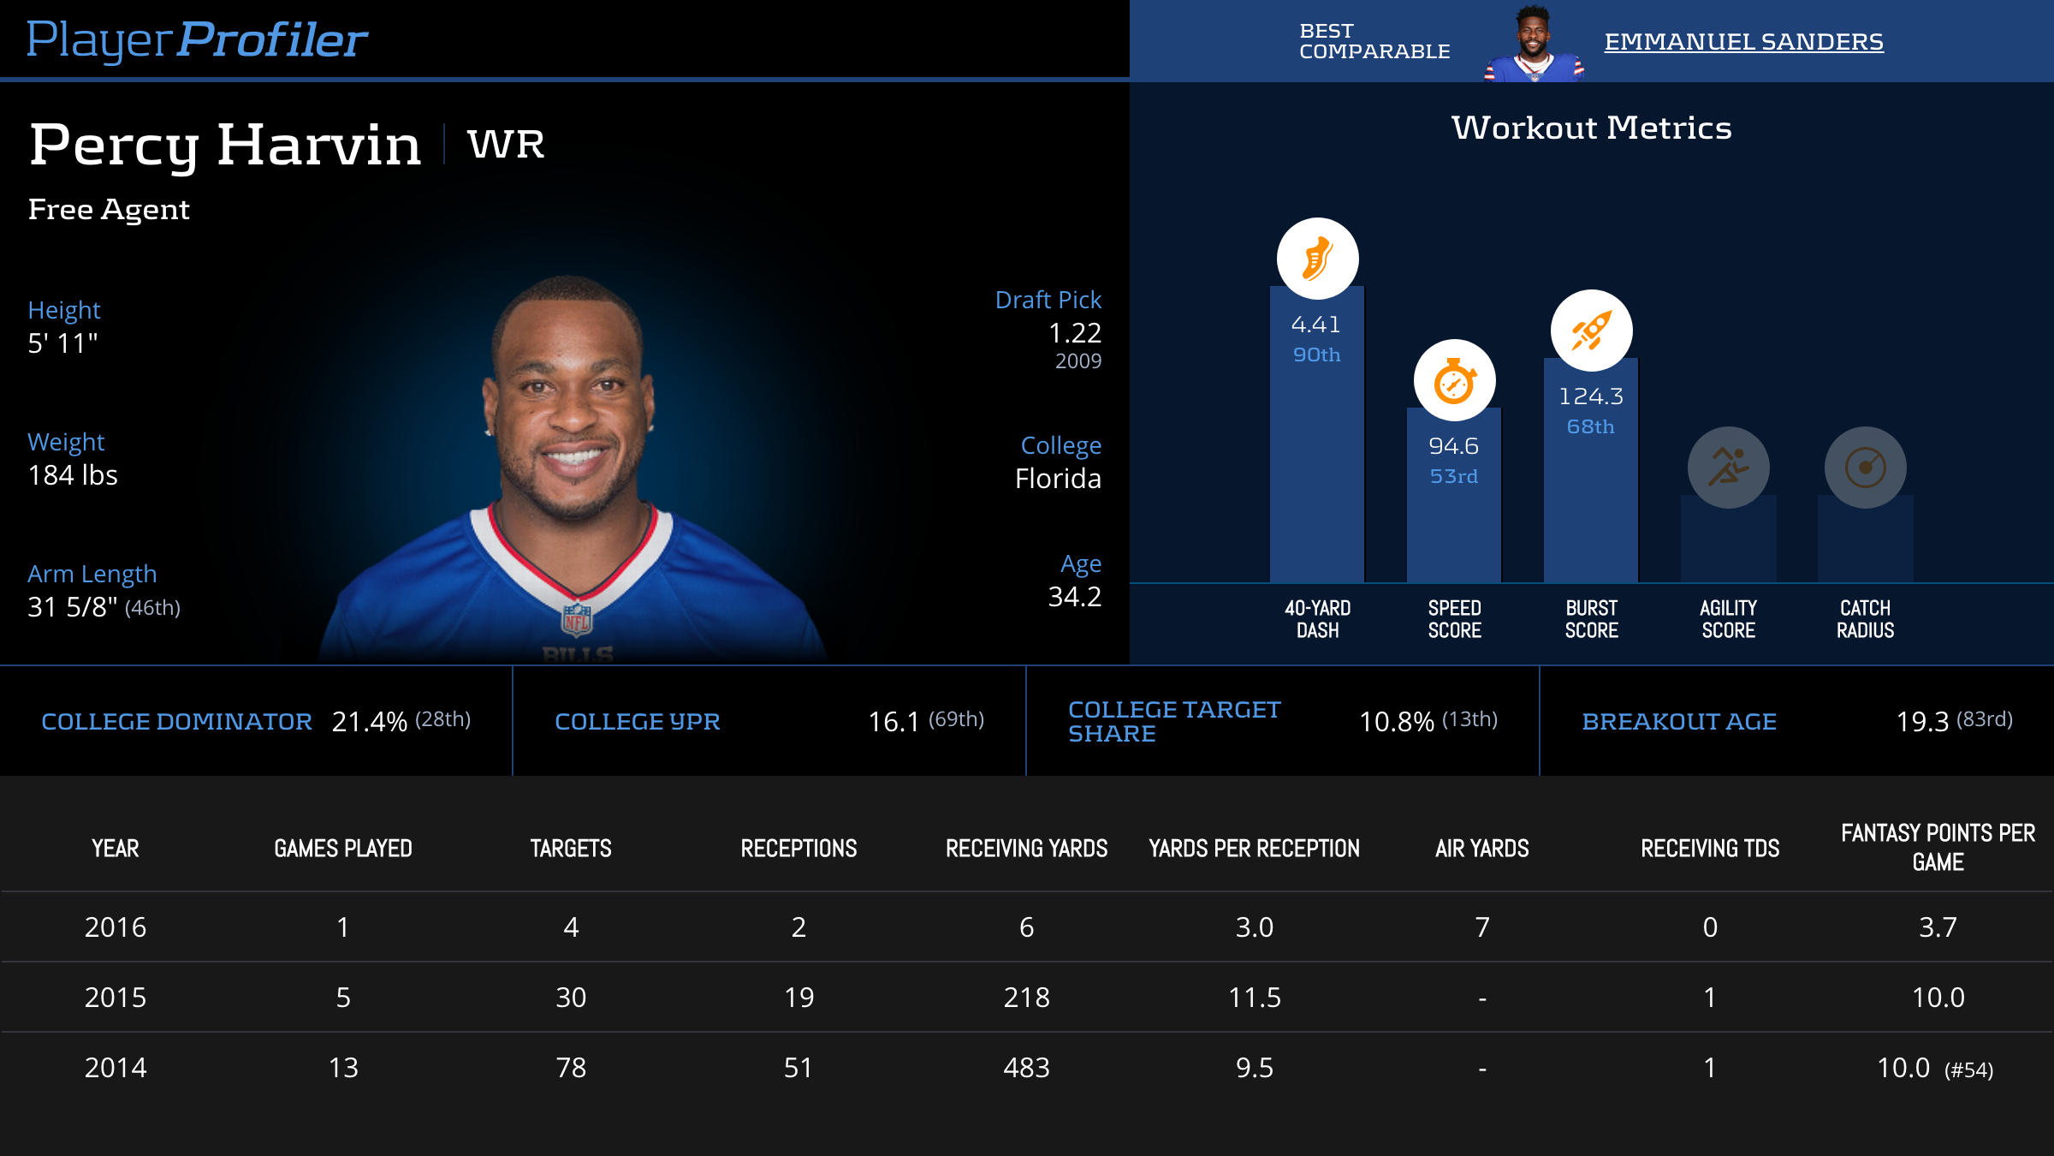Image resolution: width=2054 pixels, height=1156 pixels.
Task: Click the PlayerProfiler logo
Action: (x=197, y=39)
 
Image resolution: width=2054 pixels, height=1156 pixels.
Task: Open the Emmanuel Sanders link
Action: (x=1743, y=41)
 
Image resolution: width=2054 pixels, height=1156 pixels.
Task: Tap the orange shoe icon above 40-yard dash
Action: (x=1317, y=259)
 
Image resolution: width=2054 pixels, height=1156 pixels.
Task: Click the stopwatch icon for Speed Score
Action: (x=1454, y=381)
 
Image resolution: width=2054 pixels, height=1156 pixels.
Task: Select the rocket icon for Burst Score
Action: (x=1591, y=331)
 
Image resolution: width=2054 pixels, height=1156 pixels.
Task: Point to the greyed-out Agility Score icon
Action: (x=1728, y=468)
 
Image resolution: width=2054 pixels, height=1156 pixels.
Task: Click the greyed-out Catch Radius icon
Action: (x=1865, y=468)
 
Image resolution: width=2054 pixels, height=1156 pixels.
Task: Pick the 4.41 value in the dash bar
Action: (x=1316, y=325)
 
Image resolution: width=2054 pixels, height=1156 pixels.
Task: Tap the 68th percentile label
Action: (x=1590, y=426)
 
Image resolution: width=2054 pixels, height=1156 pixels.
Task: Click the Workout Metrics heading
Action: (x=1591, y=128)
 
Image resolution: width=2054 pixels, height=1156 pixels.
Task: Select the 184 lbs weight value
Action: (x=73, y=475)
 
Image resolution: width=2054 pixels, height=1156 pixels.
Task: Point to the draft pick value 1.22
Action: (x=1074, y=332)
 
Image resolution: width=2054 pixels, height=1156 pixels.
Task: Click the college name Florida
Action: (x=1058, y=478)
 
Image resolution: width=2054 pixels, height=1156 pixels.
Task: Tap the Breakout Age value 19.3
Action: (x=1922, y=722)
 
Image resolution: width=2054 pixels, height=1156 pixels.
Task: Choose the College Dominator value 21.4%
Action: (x=369, y=722)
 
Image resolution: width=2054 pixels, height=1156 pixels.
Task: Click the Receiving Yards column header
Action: (x=1026, y=849)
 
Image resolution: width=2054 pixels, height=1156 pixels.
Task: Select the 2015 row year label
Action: (x=116, y=998)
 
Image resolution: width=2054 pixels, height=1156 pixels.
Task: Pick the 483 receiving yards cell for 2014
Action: (x=1026, y=1068)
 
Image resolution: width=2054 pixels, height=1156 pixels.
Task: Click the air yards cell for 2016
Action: (x=1482, y=927)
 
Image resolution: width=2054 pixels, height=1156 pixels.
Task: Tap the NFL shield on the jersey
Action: (x=577, y=619)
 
